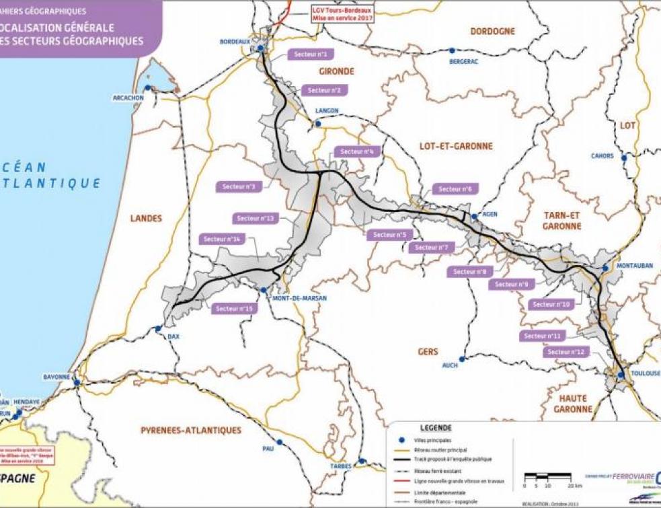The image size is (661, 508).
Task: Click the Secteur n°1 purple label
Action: pyautogui.click(x=311, y=54)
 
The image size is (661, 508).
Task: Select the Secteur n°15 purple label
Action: pyautogui.click(x=235, y=308)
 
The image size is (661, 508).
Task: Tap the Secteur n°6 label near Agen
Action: pyautogui.click(x=454, y=189)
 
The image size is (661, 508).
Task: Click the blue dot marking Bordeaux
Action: pyautogui.click(x=260, y=48)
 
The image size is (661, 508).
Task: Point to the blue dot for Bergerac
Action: pyautogui.click(x=452, y=50)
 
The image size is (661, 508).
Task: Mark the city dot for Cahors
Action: pyautogui.click(x=624, y=158)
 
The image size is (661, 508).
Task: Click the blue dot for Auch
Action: pyautogui.click(x=463, y=359)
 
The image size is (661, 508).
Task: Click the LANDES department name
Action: pyautogui.click(x=146, y=217)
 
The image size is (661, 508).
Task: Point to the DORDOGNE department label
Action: pyautogui.click(x=492, y=31)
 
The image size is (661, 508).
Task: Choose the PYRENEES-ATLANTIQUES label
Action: pyautogui.click(x=191, y=430)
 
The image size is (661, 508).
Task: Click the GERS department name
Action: pyautogui.click(x=427, y=352)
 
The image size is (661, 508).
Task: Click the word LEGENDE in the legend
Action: pyautogui.click(x=436, y=427)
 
